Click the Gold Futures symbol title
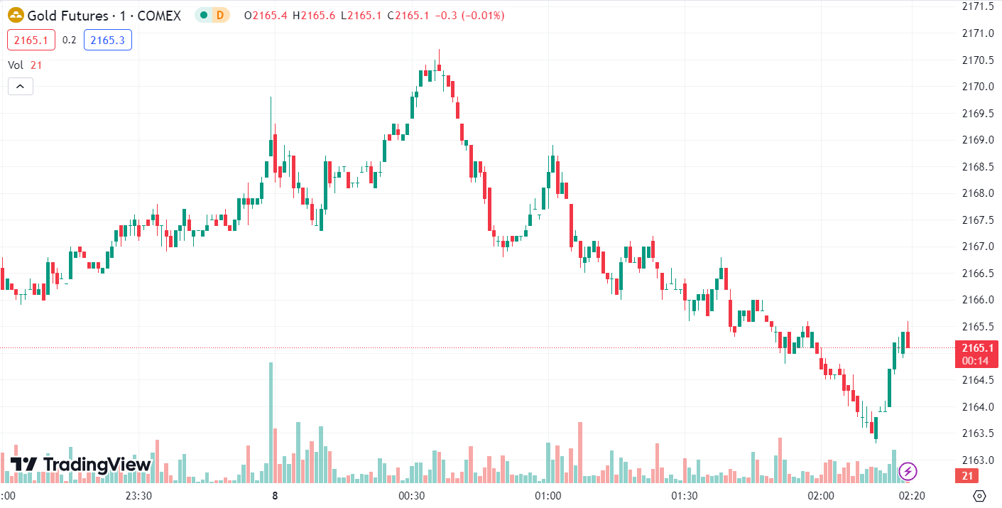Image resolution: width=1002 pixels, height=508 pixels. click(x=104, y=16)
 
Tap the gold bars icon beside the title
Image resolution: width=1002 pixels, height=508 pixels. click(x=16, y=15)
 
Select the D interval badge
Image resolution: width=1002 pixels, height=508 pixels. click(x=220, y=15)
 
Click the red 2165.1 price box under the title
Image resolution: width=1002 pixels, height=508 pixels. click(x=31, y=40)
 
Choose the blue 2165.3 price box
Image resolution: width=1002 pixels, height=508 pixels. click(x=107, y=40)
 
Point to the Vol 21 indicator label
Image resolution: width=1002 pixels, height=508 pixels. click(x=26, y=65)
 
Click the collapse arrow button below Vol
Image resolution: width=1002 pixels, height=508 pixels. click(x=21, y=87)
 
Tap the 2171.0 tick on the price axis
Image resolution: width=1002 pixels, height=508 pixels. click(x=977, y=33)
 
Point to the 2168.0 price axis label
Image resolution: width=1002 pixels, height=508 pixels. click(x=977, y=193)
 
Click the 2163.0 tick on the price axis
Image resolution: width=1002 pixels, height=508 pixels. click(x=977, y=460)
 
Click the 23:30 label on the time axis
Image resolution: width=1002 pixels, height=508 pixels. click(x=138, y=495)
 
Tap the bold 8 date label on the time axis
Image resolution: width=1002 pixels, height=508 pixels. click(x=274, y=495)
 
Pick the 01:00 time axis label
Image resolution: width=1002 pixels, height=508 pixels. click(x=548, y=495)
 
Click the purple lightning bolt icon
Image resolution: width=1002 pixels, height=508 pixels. click(x=908, y=470)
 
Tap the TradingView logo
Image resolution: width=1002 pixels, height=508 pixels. click(x=80, y=465)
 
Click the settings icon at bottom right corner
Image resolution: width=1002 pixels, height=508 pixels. click(x=979, y=495)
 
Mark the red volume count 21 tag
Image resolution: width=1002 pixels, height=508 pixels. click(x=966, y=476)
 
